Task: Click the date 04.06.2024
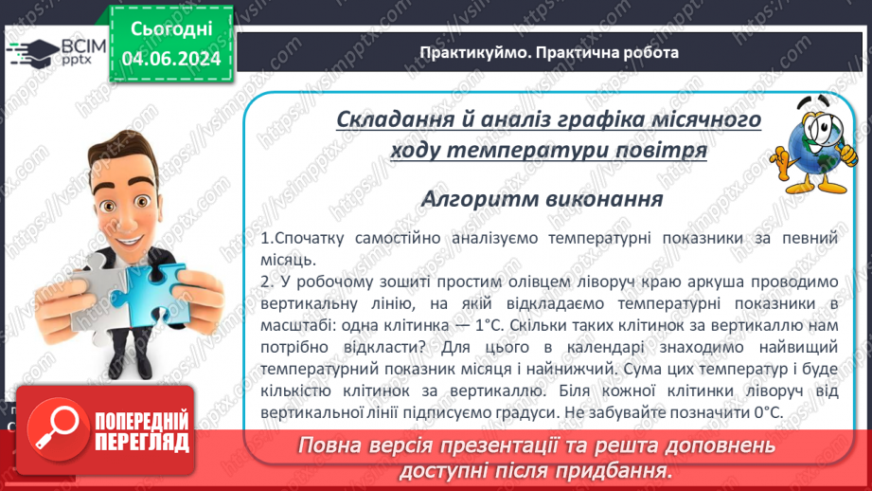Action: (x=170, y=59)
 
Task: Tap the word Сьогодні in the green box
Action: (x=170, y=29)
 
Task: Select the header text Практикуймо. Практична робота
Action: (x=549, y=53)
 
